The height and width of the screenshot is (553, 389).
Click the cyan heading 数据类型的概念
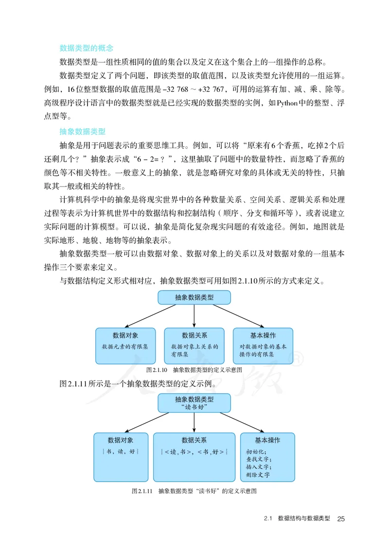coord(86,48)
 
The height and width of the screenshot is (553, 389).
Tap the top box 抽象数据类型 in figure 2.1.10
coord(194,297)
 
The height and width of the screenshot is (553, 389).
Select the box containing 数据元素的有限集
coord(125,346)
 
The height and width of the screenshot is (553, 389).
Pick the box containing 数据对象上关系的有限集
coord(194,346)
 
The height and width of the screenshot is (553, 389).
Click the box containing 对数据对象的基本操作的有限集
coord(263,346)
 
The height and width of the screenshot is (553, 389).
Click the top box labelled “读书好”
coord(194,403)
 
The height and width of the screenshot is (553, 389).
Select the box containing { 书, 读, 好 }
coord(121,456)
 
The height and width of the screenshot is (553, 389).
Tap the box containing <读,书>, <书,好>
coord(194,456)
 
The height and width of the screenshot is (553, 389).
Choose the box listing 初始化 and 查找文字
coord(267,456)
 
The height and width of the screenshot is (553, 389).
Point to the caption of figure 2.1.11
coord(194,491)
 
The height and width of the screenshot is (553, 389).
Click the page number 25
coord(340,519)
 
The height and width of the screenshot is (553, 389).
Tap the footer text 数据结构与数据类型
coord(303,518)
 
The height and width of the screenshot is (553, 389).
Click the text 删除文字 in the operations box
coord(258,475)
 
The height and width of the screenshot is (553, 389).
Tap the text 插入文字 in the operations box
coord(258,467)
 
